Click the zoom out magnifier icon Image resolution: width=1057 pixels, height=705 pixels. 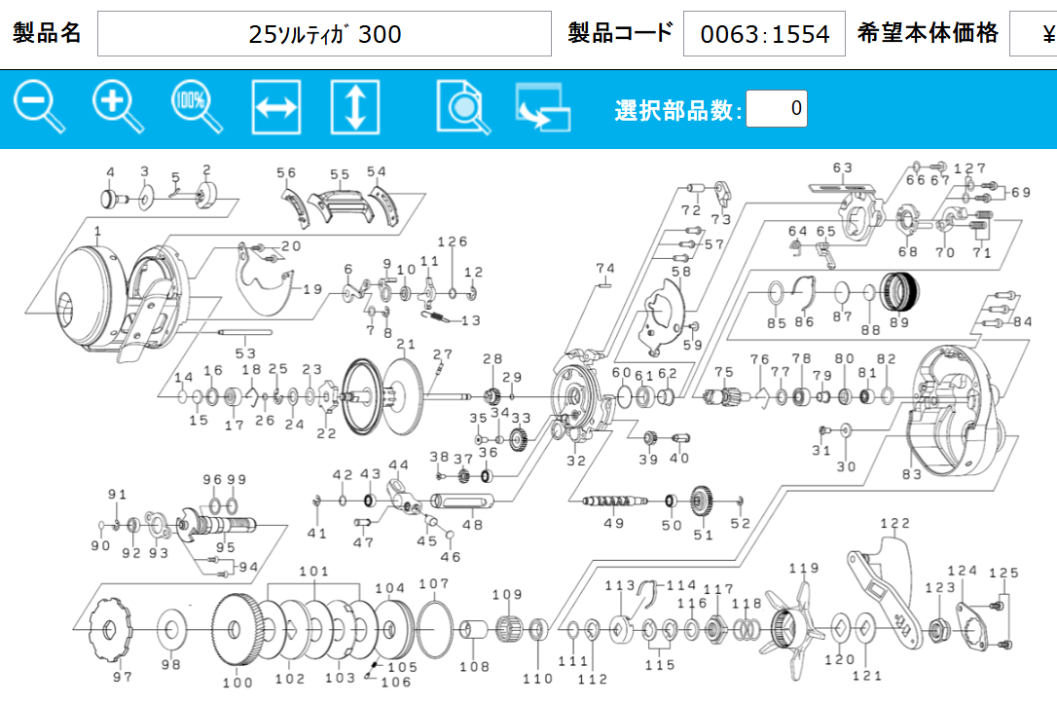[39, 106]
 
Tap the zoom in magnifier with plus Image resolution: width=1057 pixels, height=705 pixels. [118, 106]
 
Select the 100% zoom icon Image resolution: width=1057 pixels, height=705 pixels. [197, 106]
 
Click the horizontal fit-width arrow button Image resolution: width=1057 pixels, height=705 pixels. [276, 107]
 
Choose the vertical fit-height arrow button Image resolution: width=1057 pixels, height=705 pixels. [355, 107]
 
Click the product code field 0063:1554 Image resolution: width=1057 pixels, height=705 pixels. [764, 34]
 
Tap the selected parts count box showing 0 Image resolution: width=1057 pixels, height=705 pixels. [777, 108]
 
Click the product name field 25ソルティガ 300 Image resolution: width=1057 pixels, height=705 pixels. [324, 34]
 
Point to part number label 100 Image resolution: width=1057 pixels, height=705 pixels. [237, 683]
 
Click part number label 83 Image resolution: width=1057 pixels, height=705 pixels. [911, 474]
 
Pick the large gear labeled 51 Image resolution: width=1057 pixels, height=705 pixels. [703, 501]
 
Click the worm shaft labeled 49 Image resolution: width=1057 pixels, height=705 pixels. [614, 501]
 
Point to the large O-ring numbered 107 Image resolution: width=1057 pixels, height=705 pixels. [435, 629]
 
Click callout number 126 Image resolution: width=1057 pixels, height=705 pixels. [452, 241]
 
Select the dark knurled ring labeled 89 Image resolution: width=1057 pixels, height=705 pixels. [900, 292]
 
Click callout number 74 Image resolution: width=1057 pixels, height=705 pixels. [604, 269]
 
